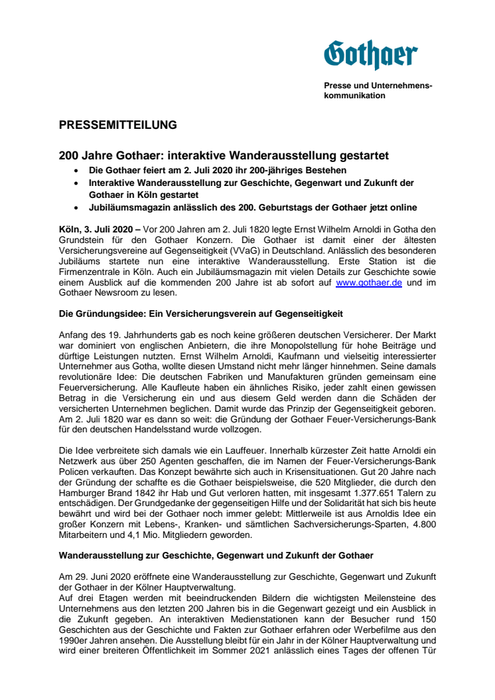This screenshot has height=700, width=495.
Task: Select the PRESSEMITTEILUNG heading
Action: tap(117, 124)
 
